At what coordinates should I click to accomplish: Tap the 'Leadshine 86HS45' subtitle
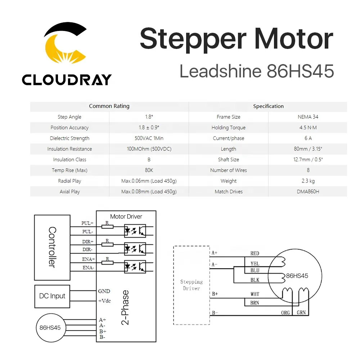[257, 71]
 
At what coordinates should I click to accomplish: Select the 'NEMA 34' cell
[308, 117]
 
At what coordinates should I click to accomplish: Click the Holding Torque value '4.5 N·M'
[308, 127]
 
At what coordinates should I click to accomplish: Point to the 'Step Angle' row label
[69, 117]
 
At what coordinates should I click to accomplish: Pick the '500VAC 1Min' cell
[149, 138]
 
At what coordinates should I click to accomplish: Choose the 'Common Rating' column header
[109, 106]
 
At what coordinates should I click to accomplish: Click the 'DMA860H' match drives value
[308, 192]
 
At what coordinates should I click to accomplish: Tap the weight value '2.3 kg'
[308, 181]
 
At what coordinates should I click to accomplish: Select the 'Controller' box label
[52, 247]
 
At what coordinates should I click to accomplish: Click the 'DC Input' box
[52, 296]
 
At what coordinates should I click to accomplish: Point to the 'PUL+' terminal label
[87, 223]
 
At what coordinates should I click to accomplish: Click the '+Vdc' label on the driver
[104, 300]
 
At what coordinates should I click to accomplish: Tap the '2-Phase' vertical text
[125, 308]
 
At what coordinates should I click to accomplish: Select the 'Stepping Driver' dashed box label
[191, 285]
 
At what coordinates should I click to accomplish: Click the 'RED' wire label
[255, 253]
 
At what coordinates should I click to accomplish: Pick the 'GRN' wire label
[301, 312]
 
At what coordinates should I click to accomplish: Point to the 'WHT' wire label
[255, 294]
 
